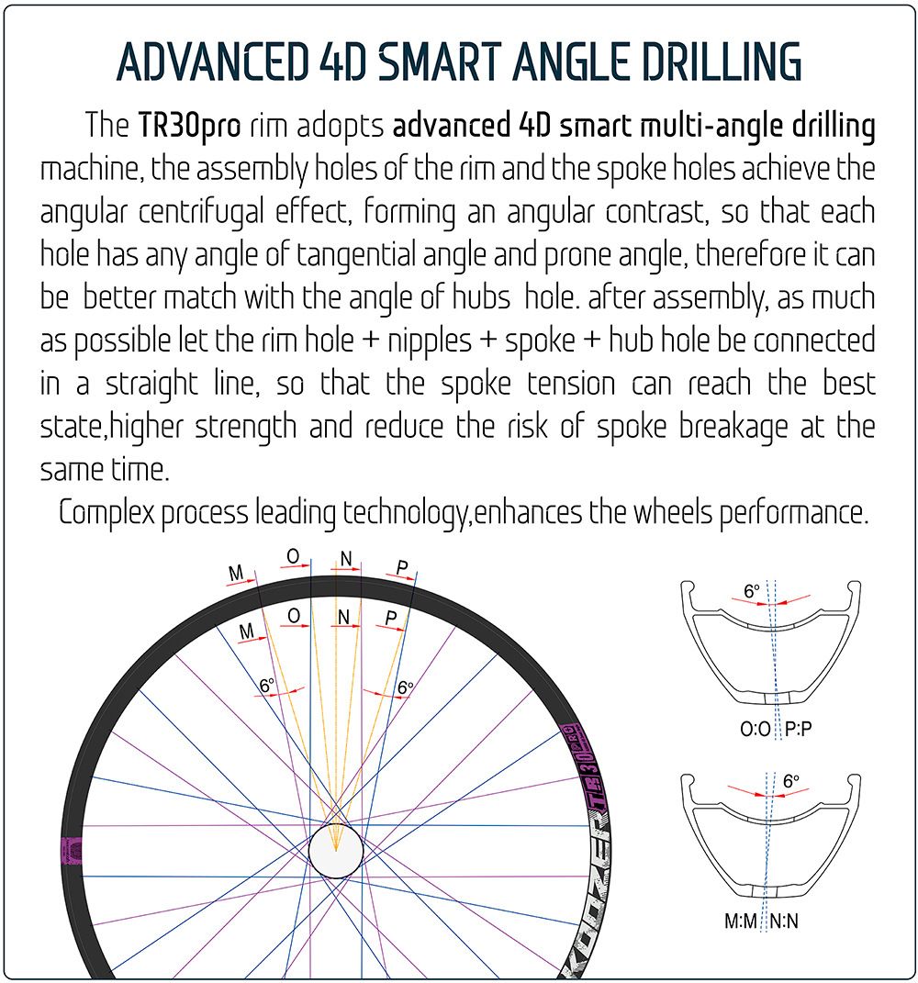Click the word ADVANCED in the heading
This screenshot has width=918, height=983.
point(212,62)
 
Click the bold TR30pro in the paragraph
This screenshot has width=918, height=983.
point(189,126)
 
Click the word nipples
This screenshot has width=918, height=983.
point(430,341)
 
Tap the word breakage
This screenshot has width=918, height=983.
point(733,427)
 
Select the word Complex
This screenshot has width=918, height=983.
point(106,513)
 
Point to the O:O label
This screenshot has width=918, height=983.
point(755,729)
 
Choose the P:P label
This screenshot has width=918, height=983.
point(799,729)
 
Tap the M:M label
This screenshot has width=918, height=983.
point(741,921)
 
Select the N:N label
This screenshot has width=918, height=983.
point(784,921)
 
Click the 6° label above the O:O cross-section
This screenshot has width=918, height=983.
point(751,590)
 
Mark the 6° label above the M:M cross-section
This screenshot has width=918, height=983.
point(790,781)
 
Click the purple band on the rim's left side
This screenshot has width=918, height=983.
point(72,850)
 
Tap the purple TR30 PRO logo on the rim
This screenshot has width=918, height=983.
point(583,768)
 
